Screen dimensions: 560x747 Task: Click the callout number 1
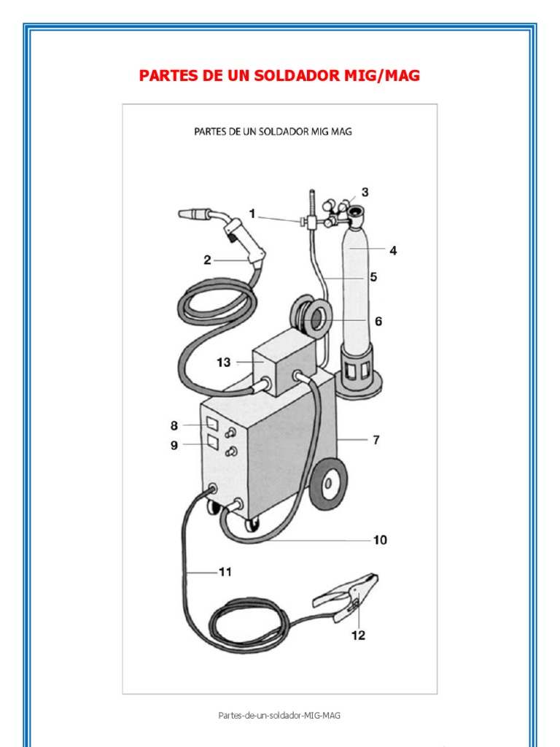pyautogui.click(x=252, y=214)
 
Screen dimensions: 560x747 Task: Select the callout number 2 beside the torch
pyautogui.click(x=208, y=260)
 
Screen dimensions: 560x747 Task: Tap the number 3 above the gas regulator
pyautogui.click(x=365, y=193)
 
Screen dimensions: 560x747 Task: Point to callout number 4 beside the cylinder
pyautogui.click(x=393, y=251)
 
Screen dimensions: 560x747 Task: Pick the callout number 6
pyautogui.click(x=378, y=321)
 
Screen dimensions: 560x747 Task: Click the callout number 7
pyautogui.click(x=376, y=440)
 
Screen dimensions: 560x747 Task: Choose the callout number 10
pyautogui.click(x=379, y=541)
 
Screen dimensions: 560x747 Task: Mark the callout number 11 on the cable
pyautogui.click(x=225, y=573)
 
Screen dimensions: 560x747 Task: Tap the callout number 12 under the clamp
pyautogui.click(x=357, y=635)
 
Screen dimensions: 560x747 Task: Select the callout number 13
pyautogui.click(x=223, y=363)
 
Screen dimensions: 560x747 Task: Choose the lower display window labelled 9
pyautogui.click(x=211, y=442)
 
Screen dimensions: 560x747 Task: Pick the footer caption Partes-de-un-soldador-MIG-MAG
pyautogui.click(x=279, y=715)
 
